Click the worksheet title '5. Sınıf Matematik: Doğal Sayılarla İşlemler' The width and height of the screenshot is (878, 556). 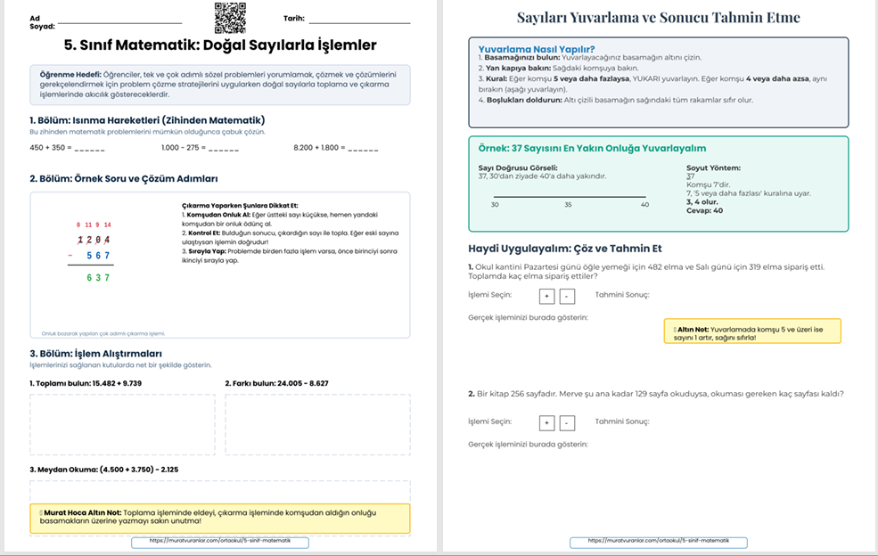tap(220, 45)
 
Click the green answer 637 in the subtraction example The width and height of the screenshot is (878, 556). tap(98, 277)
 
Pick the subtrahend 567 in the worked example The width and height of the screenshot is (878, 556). tap(98, 256)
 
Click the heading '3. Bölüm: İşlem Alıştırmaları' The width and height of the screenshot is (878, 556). tap(95, 354)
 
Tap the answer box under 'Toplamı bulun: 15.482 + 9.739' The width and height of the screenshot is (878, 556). tap(122, 424)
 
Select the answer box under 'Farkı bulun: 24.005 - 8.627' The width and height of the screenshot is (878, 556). tap(317, 424)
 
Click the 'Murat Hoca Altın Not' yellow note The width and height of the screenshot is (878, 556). tap(220, 518)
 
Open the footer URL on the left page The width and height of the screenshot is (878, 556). tap(220, 542)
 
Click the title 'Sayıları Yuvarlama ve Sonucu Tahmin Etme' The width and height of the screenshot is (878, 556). tap(659, 18)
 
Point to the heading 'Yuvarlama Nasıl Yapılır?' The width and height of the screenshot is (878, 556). tap(537, 49)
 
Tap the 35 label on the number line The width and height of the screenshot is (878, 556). tap(568, 205)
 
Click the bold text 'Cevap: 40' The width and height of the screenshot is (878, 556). tap(704, 211)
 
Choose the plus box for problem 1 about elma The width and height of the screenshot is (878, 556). tap(546, 297)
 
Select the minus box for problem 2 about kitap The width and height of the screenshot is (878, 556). tap(568, 422)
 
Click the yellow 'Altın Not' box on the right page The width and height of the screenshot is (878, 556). tap(752, 331)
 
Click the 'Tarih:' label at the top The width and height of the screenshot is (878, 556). tap(294, 18)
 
